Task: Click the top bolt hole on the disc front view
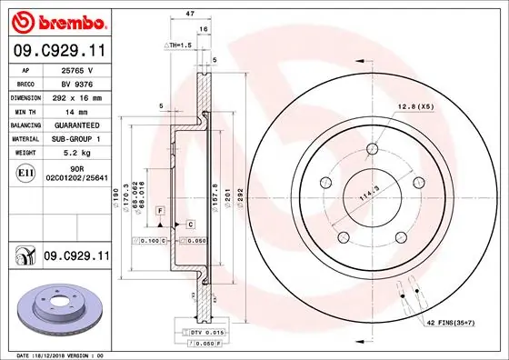(x=372, y=151)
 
